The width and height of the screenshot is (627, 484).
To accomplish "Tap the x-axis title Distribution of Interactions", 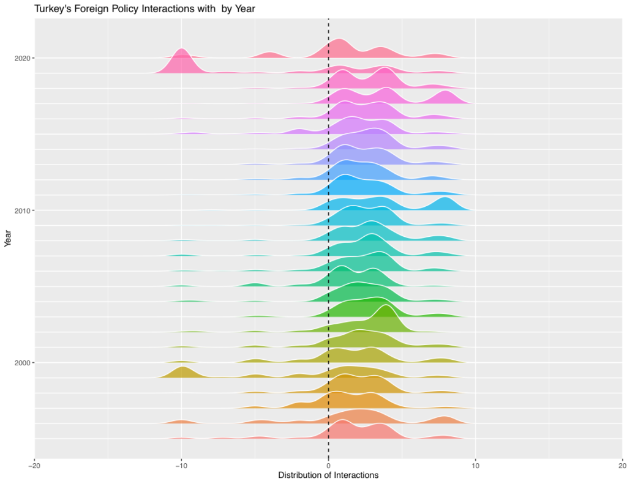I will coord(328,475).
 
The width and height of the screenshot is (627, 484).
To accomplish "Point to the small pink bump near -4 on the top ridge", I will coord(269,55).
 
